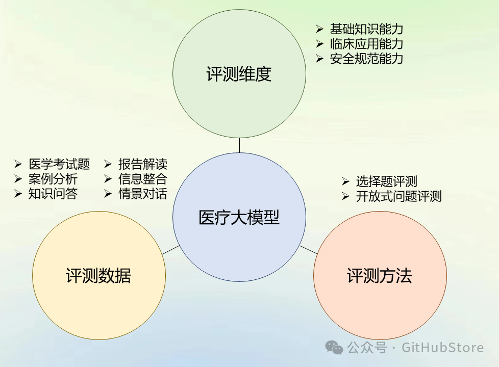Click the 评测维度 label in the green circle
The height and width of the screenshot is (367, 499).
pyautogui.click(x=239, y=74)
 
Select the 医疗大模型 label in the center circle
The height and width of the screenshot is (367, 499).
pyautogui.click(x=239, y=218)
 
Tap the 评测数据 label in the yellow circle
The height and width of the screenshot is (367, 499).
pyautogui.click(x=98, y=276)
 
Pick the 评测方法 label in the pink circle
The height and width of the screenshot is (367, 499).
pyautogui.click(x=380, y=276)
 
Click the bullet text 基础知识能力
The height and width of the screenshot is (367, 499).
pyautogui.click(x=366, y=29)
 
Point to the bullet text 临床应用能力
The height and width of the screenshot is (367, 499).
pyautogui.click(x=366, y=44)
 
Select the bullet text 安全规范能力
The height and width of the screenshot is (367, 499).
pyautogui.click(x=366, y=59)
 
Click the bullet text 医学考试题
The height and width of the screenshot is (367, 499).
pyautogui.click(x=59, y=164)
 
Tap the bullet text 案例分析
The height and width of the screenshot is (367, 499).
pyautogui.click(x=53, y=179)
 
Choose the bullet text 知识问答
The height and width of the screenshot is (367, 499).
pyautogui.click(x=53, y=194)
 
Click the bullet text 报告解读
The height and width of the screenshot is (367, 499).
pyautogui.click(x=143, y=164)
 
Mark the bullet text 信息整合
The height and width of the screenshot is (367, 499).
pyautogui.click(x=143, y=179)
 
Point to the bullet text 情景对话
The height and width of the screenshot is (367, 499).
pyautogui.click(x=143, y=194)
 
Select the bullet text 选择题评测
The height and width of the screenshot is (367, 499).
pyautogui.click(x=387, y=181)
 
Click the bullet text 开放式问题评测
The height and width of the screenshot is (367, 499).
pyautogui.click(x=398, y=196)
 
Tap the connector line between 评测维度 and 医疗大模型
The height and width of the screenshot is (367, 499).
pyautogui.click(x=239, y=145)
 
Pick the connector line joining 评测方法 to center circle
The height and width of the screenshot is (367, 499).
pyautogui.click(x=309, y=250)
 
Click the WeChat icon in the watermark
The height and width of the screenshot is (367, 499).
pyautogui.click(x=335, y=348)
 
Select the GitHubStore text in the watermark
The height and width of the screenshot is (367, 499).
pyautogui.click(x=442, y=348)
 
